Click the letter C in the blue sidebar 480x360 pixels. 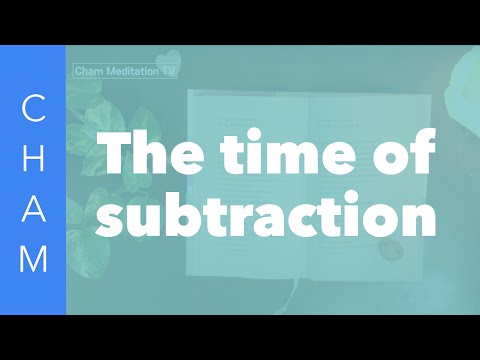(33, 110)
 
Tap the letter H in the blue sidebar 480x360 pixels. (33, 158)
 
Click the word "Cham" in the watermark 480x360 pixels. (91, 72)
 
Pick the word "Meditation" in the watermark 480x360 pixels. (135, 72)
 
